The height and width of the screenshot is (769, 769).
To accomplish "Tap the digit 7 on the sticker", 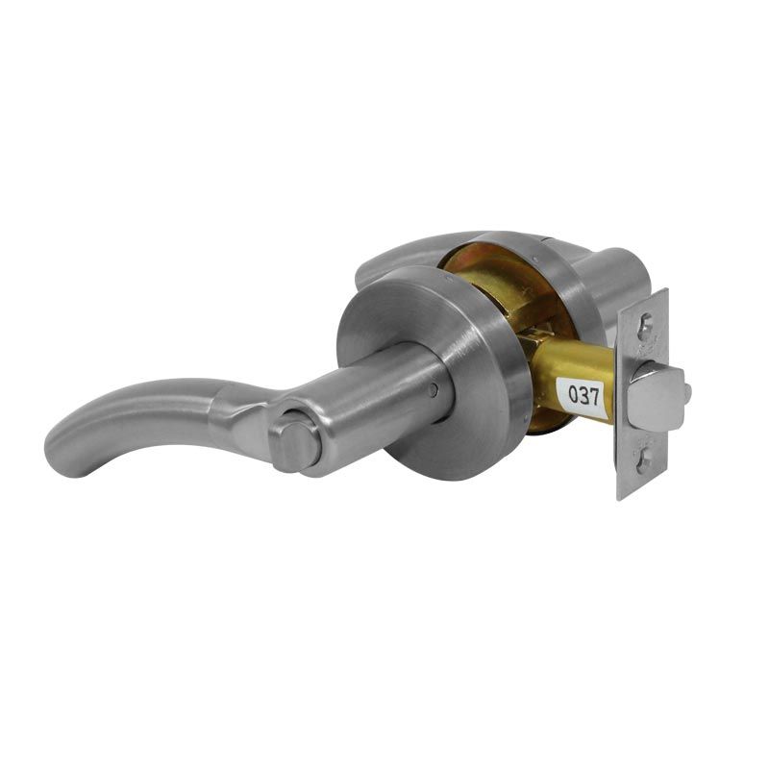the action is [x=594, y=396].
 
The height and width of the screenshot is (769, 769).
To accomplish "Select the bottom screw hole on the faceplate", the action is [x=644, y=460].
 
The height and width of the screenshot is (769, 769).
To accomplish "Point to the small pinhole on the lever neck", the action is [x=432, y=390].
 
